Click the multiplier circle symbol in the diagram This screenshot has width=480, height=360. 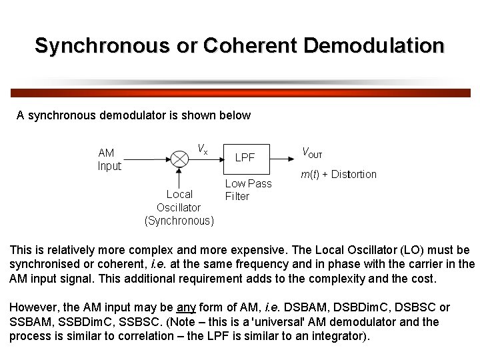179,159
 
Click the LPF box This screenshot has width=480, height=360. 245,158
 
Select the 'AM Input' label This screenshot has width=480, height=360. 109,159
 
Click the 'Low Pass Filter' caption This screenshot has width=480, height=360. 248,190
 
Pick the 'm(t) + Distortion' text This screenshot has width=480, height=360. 339,175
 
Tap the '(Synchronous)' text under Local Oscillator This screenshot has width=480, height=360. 179,221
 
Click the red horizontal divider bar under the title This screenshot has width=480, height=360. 240,93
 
